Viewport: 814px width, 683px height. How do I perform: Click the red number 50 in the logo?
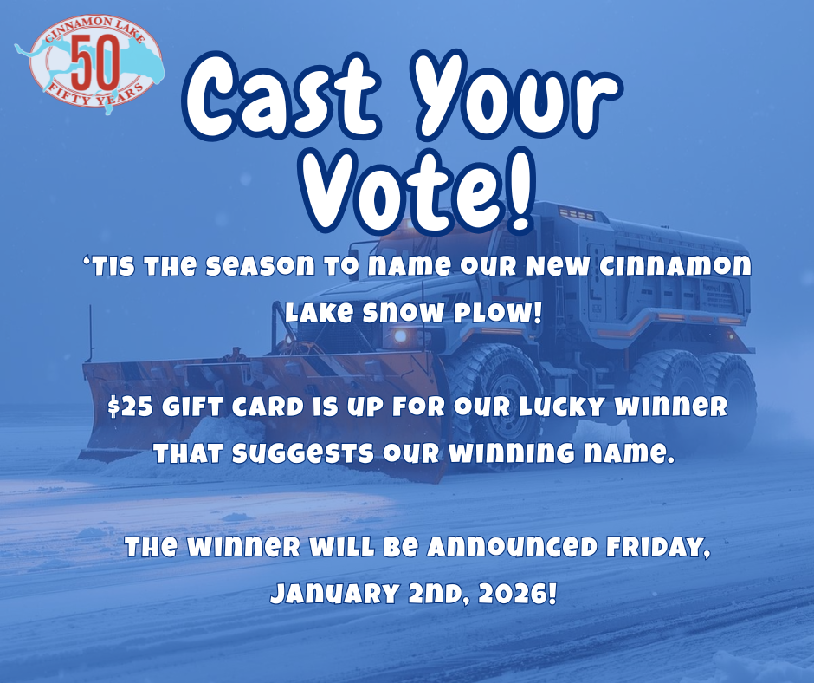[x=95, y=63]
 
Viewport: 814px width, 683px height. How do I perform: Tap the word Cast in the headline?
[x=281, y=97]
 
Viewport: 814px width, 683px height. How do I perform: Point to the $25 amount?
[x=130, y=407]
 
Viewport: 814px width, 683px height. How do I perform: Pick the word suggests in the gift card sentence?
[x=303, y=454]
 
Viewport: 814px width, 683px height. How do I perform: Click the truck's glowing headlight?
[x=400, y=336]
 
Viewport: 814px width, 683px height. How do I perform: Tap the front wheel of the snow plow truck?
[x=500, y=406]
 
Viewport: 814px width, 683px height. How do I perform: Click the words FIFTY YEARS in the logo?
[x=97, y=94]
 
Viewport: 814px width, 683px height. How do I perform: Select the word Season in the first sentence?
[x=260, y=266]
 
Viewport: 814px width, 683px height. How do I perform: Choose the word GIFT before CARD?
[x=192, y=407]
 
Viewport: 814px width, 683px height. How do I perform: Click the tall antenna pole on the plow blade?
[x=92, y=333]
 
